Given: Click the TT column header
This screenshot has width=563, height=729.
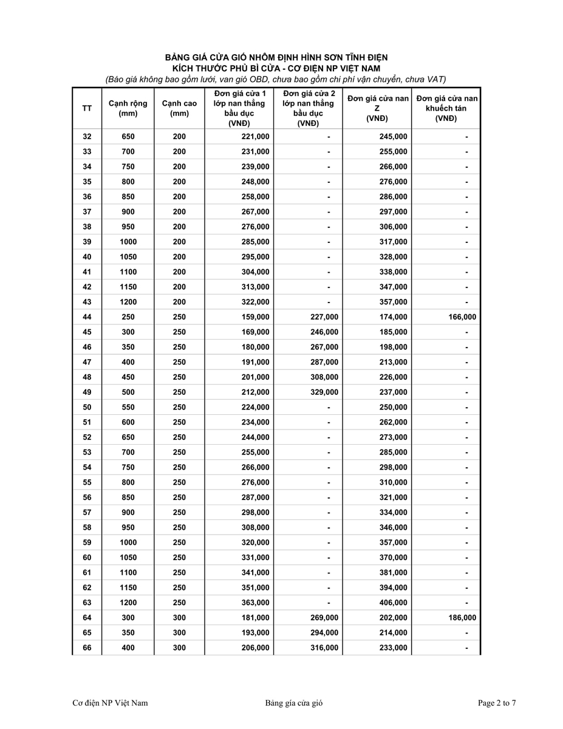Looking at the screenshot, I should point(87,108).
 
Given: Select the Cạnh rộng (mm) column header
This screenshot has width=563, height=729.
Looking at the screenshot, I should point(128,108).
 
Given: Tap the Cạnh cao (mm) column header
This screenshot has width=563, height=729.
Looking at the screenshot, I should point(179,108).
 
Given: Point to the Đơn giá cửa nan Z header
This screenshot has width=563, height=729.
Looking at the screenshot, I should point(377,108).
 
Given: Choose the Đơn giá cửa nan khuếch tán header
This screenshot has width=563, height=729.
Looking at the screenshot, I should point(446,108).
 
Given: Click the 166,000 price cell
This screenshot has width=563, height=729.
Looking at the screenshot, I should point(462,317).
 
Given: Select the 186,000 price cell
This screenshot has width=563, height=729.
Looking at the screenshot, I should point(462,618).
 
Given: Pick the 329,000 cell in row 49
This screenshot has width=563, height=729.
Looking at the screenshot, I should point(324,392).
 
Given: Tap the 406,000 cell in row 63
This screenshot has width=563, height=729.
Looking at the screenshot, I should point(393,603).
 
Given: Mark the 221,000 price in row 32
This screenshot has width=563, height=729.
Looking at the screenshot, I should point(255,137).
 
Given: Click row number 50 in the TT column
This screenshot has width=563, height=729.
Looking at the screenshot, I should point(87,407).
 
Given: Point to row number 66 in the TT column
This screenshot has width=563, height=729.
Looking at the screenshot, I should point(87,648).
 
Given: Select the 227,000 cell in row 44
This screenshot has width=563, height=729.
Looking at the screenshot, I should point(324,317).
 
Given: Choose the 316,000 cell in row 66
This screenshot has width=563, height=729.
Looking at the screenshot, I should point(324,648).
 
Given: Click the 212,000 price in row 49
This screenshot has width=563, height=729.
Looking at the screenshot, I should point(255,392).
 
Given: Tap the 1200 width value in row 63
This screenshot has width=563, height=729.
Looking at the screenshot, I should point(128,603).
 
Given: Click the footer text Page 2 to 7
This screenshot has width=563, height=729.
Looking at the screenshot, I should point(497,703).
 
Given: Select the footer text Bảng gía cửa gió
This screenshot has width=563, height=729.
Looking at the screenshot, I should point(293,703).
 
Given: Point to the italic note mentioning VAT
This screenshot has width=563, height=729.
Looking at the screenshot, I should point(276,79).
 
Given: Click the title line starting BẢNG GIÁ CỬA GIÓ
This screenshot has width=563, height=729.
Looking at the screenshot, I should point(276,57).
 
